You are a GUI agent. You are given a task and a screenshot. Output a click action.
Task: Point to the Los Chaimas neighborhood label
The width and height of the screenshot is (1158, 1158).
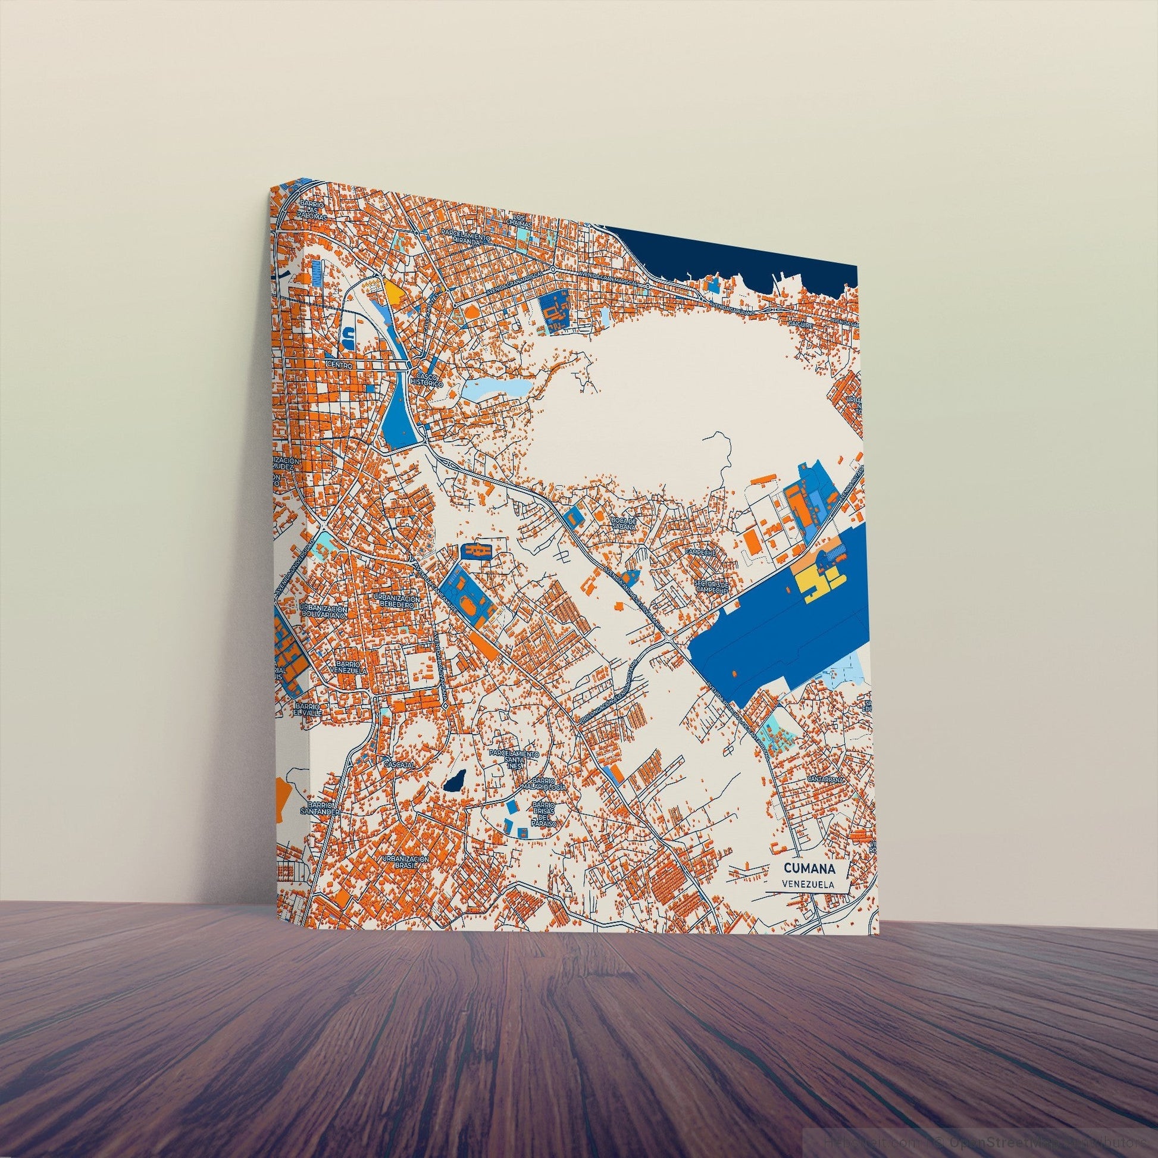[518, 220]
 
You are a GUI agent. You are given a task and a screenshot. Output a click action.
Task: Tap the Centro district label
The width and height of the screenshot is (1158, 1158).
[339, 364]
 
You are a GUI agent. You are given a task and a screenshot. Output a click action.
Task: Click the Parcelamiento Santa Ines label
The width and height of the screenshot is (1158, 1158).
[514, 758]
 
